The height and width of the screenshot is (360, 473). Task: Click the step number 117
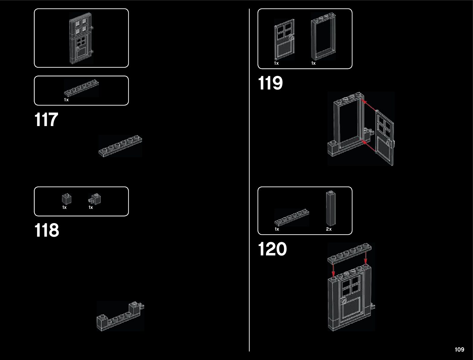(46, 120)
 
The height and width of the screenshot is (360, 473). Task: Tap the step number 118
(47, 230)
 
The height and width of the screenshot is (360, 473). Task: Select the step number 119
(270, 83)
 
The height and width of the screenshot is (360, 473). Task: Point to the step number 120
(272, 249)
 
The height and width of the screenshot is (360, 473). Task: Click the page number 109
(459, 349)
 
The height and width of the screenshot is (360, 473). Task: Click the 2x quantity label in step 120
(329, 229)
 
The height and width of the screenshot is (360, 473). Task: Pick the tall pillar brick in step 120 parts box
(331, 208)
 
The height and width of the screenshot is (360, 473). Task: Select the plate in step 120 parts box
(292, 217)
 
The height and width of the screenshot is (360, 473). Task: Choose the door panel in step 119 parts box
(284, 39)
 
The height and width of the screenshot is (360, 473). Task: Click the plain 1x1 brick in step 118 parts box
(66, 199)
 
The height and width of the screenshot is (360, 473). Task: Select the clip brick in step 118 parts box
(96, 199)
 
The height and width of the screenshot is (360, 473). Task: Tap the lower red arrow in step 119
(369, 146)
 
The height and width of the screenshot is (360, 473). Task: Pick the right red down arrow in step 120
(366, 258)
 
